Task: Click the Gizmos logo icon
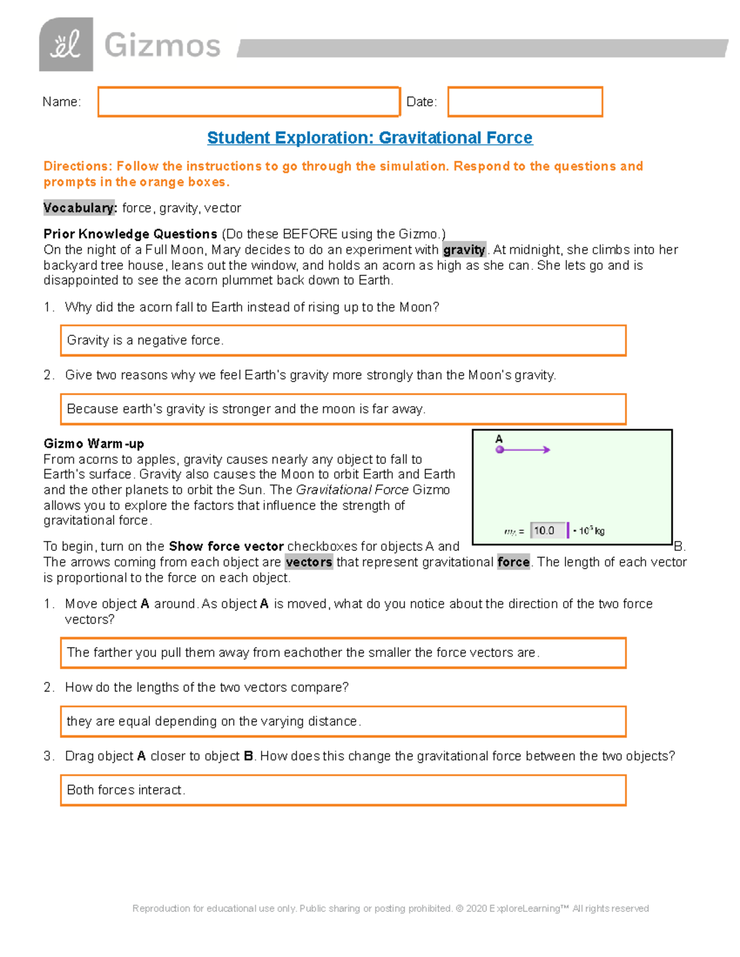pos(66,45)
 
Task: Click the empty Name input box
pos(249,102)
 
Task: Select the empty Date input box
pos(525,102)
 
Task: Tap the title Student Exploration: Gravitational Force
pos(369,137)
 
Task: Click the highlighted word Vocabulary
pos(80,208)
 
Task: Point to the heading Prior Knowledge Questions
pos(130,234)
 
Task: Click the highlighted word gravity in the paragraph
pos(464,250)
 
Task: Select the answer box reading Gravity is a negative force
pos(343,340)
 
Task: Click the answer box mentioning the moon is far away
pos(343,409)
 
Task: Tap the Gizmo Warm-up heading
pos(94,444)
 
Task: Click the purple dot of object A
pos(500,450)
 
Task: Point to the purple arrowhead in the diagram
pos(546,450)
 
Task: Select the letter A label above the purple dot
pos(499,439)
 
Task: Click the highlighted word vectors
pos(309,562)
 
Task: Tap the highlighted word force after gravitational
pos(513,562)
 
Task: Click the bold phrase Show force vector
pos(226,547)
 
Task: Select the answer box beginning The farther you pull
pos(343,653)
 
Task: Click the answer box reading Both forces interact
pos(343,790)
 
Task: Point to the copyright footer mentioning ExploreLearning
pos(390,908)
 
